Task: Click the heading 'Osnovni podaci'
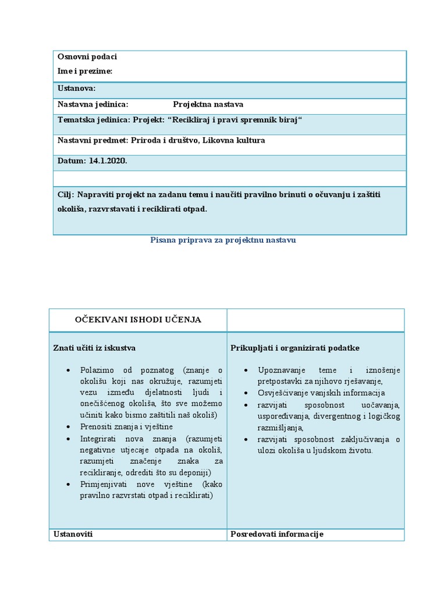[87, 56]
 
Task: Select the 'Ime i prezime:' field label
[85, 71]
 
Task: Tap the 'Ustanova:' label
[76, 88]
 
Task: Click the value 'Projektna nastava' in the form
[208, 105]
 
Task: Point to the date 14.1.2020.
[108, 161]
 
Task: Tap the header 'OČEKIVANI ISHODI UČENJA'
[138, 320]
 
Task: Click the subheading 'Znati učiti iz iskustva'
[94, 348]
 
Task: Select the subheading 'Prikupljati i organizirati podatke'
[295, 348]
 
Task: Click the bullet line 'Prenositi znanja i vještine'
[126, 427]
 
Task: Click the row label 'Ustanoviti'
[73, 534]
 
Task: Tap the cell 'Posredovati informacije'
[277, 534]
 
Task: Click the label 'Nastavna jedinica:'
[93, 105]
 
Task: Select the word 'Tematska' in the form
[74, 120]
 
